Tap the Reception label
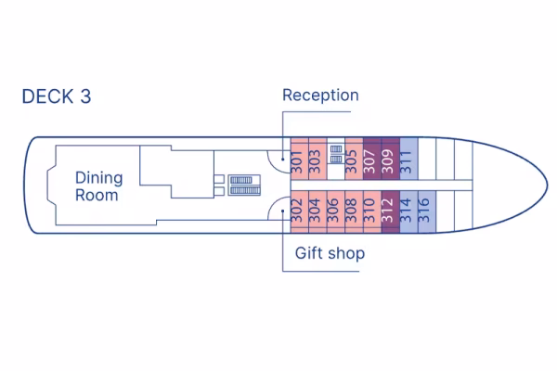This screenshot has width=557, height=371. click(320, 96)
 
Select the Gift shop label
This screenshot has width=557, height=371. click(330, 253)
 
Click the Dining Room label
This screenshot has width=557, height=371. click(97, 185)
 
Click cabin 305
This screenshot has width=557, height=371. click(352, 161)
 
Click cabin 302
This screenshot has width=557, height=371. click(297, 213)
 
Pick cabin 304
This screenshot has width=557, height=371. click(316, 213)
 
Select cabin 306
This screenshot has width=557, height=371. click(333, 213)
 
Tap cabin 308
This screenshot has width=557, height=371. click(352, 213)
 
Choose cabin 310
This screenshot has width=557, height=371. click(370, 213)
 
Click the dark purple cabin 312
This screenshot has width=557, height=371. click(389, 213)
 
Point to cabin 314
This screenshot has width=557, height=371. click(407, 213)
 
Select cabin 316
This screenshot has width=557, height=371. click(425, 213)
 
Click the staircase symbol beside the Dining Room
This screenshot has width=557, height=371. click(243, 184)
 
